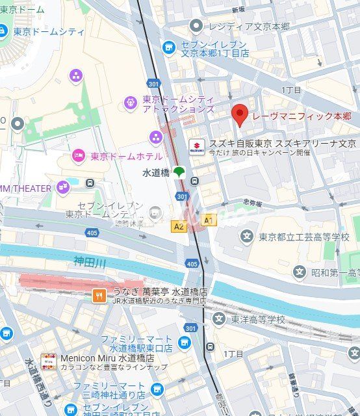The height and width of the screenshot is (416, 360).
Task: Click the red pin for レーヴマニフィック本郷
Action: (x=240, y=115)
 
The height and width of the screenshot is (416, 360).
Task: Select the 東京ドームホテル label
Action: (x=126, y=156)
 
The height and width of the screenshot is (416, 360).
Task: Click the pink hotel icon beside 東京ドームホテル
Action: (x=78, y=155)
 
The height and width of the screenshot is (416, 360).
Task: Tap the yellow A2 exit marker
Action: (x=179, y=226)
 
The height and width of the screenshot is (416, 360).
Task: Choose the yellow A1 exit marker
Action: (x=208, y=220)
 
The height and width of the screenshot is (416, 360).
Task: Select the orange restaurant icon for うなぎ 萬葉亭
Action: (x=99, y=295)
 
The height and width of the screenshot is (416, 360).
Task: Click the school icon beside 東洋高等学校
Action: (x=218, y=319)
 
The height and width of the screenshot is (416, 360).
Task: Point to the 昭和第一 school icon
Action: (x=300, y=272)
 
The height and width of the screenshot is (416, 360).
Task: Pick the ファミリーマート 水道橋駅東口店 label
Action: (x=136, y=344)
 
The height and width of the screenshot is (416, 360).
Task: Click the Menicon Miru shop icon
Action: (x=48, y=361)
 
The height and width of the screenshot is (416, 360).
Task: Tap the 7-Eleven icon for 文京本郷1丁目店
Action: (x=169, y=47)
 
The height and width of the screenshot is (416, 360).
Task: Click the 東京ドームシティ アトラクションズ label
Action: (x=178, y=104)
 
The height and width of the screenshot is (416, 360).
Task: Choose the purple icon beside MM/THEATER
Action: (x=62, y=188)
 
